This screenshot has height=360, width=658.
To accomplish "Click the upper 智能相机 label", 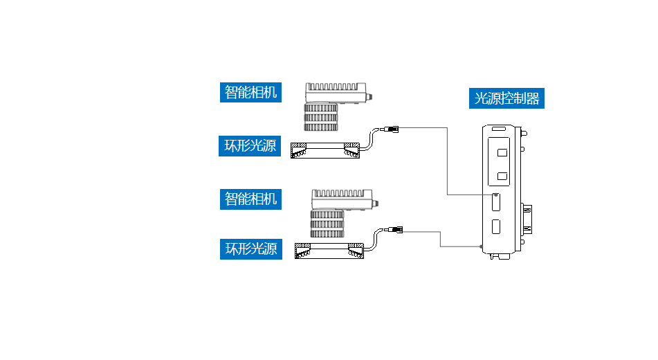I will point(251,92).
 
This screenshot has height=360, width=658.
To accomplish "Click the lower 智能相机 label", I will point(251,199).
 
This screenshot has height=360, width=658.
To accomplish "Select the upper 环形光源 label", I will point(250,146).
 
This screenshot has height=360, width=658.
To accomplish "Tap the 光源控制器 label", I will point(506,98).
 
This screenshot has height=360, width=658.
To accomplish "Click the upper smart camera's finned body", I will point(336,93).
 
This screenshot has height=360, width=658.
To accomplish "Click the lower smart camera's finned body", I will point(342,199).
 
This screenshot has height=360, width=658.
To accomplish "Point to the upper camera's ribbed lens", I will point(321,118).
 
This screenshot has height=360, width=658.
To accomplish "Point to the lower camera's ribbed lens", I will point(327,225).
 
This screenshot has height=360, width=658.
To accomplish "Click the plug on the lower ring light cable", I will point(396,229).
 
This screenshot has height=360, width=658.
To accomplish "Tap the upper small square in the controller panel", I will point(502,152).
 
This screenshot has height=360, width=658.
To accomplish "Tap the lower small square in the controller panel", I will point(502,176).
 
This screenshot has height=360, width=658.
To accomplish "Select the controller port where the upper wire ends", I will point(496,201).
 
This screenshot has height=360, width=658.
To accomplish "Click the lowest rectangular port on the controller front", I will point(496,226).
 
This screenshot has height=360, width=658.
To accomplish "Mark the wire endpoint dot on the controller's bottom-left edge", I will point(480,246).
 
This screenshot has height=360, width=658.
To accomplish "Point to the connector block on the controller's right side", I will point(527,217).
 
